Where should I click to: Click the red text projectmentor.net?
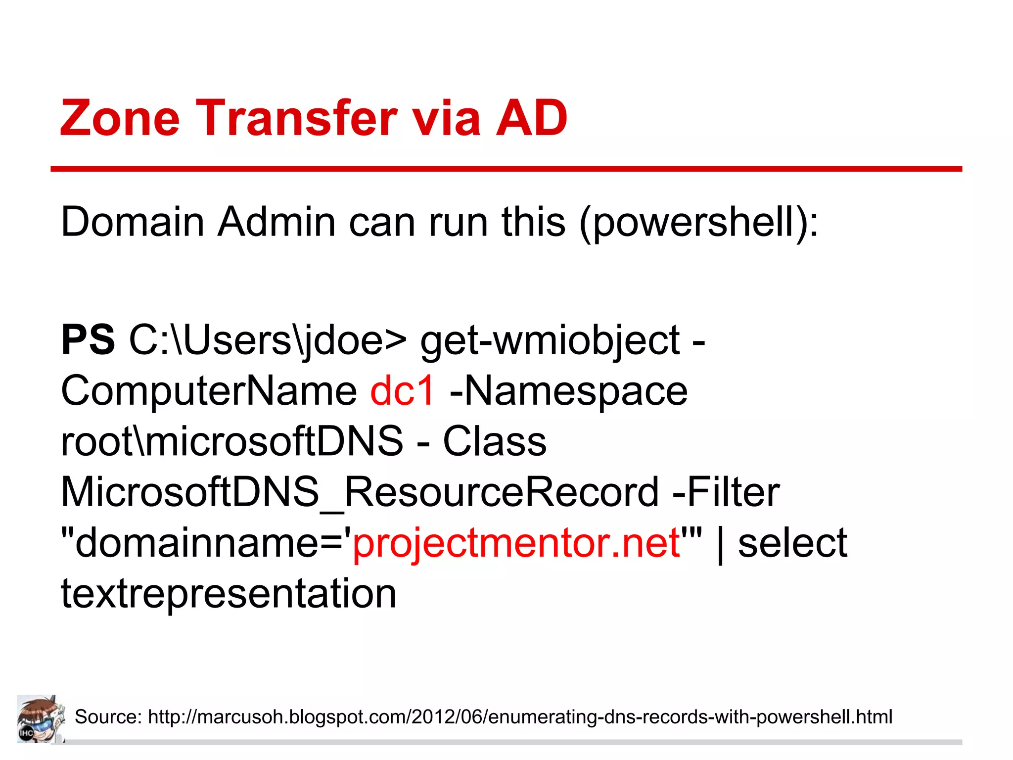click(516, 543)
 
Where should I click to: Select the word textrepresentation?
click(229, 593)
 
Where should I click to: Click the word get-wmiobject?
click(550, 341)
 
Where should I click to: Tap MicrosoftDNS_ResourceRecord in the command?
click(360, 492)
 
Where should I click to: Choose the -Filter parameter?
click(726, 492)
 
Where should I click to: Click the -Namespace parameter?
click(568, 390)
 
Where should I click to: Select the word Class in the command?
click(495, 441)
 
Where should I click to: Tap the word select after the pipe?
click(792, 543)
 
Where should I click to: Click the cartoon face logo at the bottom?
click(41, 718)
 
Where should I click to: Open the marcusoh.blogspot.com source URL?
click(520, 716)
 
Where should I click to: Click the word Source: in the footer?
click(108, 716)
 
